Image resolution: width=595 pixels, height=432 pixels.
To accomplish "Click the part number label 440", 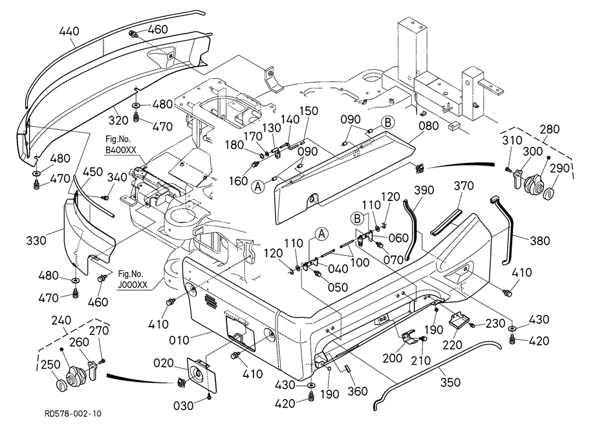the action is (x=69, y=31).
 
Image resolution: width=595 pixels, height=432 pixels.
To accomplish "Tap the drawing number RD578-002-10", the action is (x=73, y=413).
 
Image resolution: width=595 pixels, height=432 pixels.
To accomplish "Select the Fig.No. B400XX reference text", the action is (x=121, y=144).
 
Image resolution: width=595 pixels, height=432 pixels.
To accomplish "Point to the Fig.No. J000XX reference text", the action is (x=133, y=279).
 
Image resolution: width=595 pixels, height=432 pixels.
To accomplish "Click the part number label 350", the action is (x=450, y=382).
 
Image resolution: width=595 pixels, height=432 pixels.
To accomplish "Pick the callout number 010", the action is (x=178, y=340).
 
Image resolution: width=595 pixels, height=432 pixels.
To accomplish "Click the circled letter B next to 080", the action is (x=388, y=123).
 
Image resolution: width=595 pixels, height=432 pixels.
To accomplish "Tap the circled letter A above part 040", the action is (x=322, y=234).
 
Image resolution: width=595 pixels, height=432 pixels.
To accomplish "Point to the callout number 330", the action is (x=36, y=241).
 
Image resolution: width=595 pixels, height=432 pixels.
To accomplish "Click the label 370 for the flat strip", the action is (x=464, y=186).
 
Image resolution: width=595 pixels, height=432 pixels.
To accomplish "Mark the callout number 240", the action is (x=61, y=320).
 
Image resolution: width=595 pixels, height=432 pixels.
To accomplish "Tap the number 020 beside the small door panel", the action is (x=164, y=363).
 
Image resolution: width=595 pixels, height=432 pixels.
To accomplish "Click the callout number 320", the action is (x=118, y=121).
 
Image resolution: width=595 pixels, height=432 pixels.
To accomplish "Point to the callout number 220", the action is (x=453, y=345).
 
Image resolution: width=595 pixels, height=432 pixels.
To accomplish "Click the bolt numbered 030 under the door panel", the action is (x=210, y=396).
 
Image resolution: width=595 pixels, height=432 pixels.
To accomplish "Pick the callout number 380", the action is (x=539, y=241).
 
